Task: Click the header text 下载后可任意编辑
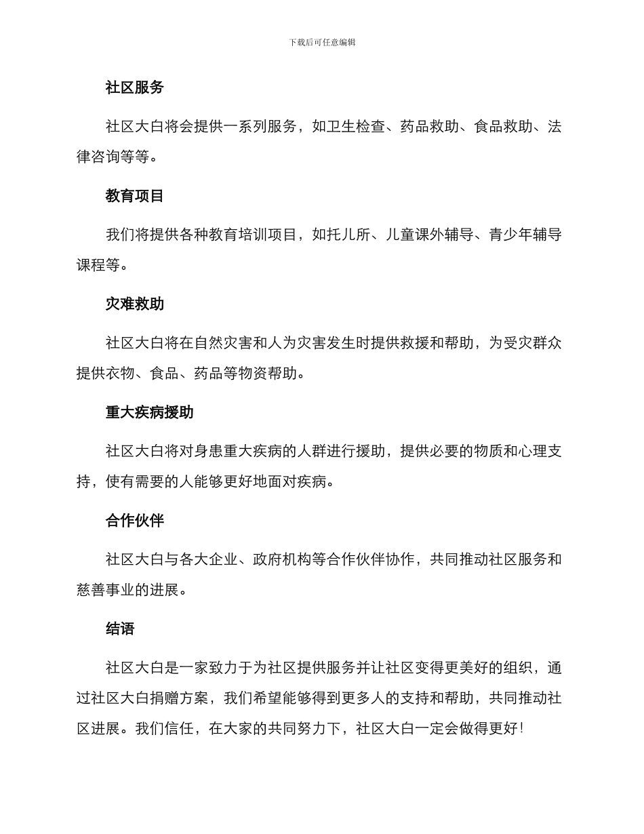[x=322, y=42]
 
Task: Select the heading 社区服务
[x=135, y=87]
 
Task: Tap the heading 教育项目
[x=135, y=196]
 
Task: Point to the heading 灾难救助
[x=135, y=304]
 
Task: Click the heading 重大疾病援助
[x=150, y=412]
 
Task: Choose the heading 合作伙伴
[x=135, y=521]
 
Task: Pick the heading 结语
[x=121, y=629]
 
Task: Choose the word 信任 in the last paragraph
[x=179, y=728]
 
